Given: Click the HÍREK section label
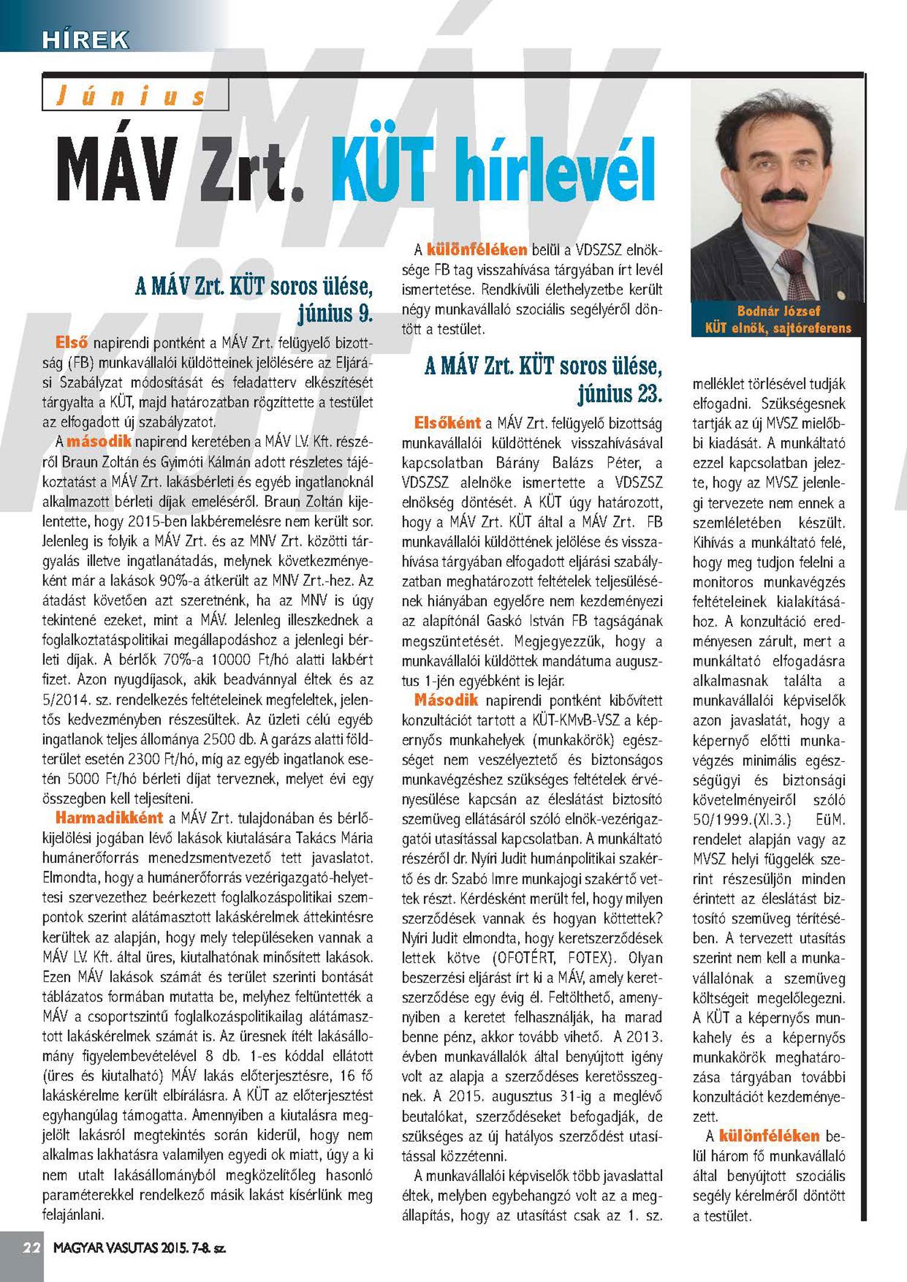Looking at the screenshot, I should (85, 40).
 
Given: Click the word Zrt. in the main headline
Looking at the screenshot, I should (252, 172).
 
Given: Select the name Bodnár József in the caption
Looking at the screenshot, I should (778, 311).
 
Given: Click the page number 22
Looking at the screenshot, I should (31, 1248).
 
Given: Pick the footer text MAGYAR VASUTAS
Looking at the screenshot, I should (105, 1248).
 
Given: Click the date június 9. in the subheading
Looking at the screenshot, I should (335, 313).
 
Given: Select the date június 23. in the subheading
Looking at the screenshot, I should (619, 393).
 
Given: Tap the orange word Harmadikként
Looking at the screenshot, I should (109, 818).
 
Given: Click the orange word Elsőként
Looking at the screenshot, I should (447, 423).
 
